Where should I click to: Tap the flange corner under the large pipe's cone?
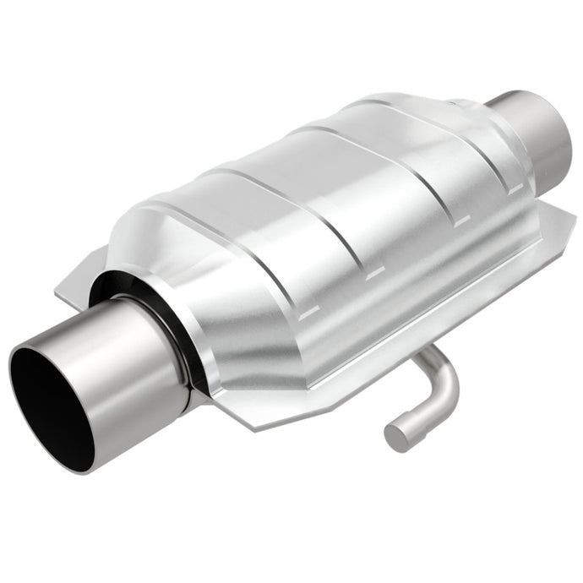(x=253, y=414)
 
